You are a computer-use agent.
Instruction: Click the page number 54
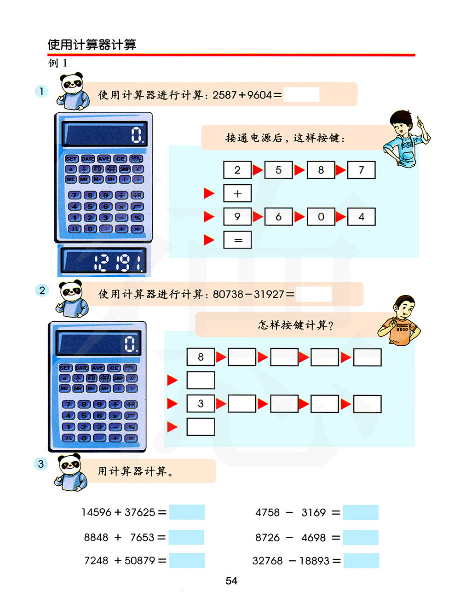[x=231, y=581]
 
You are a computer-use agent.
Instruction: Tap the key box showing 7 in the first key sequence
[x=361, y=170]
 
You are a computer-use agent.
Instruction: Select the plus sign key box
[x=237, y=193]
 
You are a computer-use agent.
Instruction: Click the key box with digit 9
[x=237, y=216]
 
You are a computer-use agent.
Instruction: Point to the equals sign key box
[x=237, y=240]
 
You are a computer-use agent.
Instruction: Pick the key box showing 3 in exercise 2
[x=201, y=404]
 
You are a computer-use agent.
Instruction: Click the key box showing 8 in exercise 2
[x=201, y=357]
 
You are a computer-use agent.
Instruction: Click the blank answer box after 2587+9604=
[x=301, y=95]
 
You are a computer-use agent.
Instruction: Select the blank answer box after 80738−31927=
[x=313, y=294]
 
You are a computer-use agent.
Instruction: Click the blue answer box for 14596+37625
[x=187, y=512]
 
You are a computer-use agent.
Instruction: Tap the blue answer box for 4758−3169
[x=361, y=512]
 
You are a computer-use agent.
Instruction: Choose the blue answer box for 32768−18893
[x=361, y=561]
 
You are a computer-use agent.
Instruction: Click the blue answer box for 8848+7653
[x=186, y=537]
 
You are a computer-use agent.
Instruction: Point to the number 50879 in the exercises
[x=140, y=561]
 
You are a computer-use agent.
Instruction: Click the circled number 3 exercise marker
[x=41, y=464]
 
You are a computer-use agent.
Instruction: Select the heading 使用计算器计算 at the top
[x=92, y=45]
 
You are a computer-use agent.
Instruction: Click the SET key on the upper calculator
[x=71, y=159]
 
